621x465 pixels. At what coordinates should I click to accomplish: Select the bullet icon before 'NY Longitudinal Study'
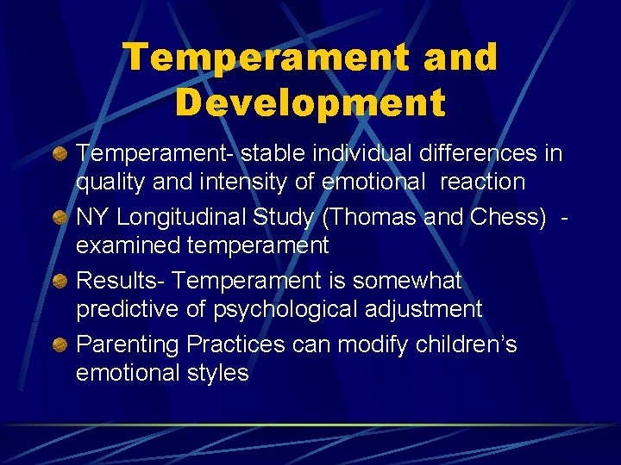[x=60, y=219]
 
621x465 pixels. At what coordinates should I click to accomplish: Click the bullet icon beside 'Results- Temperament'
[x=60, y=282]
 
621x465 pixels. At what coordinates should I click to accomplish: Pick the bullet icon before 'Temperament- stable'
[x=60, y=155]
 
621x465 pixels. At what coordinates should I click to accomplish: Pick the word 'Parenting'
[x=129, y=345]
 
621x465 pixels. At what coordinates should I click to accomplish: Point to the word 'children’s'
[x=465, y=344]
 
